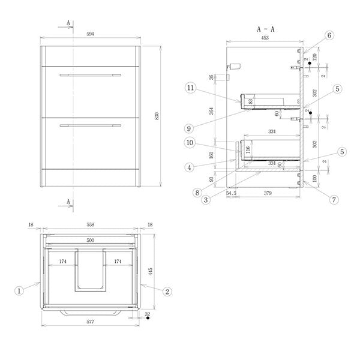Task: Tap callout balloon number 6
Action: tap(329, 35)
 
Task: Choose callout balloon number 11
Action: tap(190, 88)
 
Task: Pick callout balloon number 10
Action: tap(190, 143)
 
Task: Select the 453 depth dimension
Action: tap(265, 38)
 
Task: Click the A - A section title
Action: tap(265, 28)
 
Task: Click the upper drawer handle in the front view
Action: tap(90, 75)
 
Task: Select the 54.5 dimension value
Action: tap(232, 193)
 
